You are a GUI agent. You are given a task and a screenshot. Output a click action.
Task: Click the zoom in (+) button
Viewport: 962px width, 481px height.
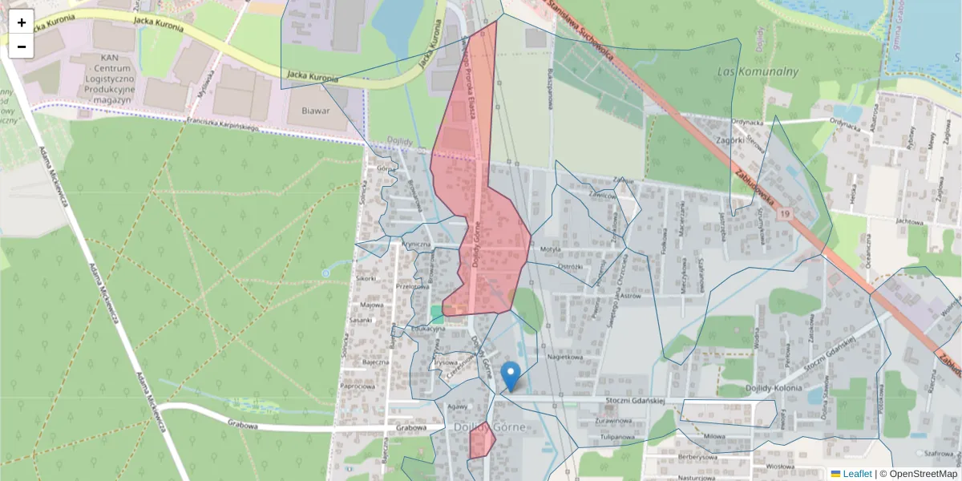(22, 22)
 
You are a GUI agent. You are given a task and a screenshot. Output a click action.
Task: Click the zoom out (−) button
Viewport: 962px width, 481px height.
(22, 46)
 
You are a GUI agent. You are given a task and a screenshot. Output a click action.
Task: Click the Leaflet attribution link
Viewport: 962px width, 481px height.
(856, 474)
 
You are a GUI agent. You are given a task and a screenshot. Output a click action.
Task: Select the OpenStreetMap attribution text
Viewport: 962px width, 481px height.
(923, 474)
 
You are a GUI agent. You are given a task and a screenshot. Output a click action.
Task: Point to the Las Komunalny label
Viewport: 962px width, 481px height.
(758, 71)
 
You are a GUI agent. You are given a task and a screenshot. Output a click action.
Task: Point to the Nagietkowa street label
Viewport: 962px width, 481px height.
(564, 357)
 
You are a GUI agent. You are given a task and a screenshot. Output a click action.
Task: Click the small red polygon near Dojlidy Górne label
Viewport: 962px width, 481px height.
(482, 440)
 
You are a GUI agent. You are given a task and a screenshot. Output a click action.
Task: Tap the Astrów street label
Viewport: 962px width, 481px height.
(631, 295)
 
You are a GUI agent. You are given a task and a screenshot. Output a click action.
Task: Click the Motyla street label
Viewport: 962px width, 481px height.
(550, 249)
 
